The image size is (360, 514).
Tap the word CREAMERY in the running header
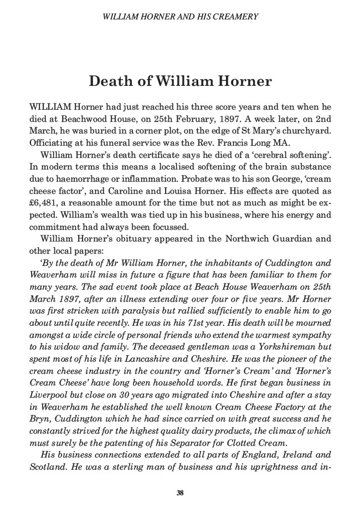[x=236, y=17]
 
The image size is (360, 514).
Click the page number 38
[x=180, y=493]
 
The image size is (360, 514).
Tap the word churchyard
[x=306, y=130]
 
